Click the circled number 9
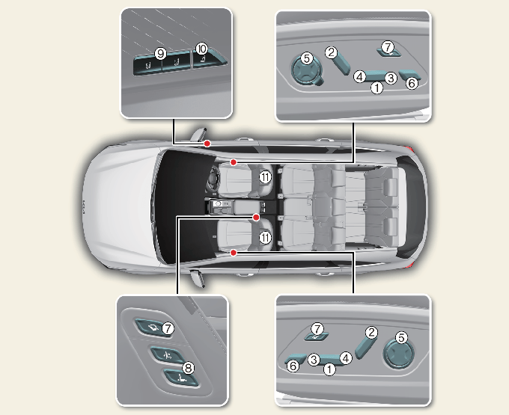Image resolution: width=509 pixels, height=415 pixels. pos(160,54)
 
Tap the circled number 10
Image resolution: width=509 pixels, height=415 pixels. pos(201,49)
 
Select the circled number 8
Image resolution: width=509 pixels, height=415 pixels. pos(188,368)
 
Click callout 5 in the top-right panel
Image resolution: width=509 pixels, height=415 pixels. pos(307,58)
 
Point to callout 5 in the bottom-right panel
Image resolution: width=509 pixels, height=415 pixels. pos(401,337)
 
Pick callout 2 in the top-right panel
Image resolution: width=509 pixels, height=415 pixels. pos(331,52)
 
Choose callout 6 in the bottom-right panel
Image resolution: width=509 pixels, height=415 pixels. pos(293,366)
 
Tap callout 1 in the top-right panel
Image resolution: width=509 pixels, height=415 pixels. pos(377,87)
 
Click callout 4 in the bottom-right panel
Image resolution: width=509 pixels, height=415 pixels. pos(346,358)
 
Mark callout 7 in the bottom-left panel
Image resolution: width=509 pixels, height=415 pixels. pos(168,329)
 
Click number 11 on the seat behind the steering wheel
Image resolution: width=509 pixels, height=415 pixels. pos(265,177)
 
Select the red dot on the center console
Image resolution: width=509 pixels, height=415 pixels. pos(256,218)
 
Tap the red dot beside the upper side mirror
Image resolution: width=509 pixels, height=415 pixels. pos(207,144)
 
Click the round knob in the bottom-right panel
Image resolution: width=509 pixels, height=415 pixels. pos(399,353)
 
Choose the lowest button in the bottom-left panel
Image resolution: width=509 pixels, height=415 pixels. pos(180,378)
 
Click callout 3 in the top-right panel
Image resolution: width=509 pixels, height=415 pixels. pos(391,78)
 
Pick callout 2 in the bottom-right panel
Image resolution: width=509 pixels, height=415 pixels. pos(371,332)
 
